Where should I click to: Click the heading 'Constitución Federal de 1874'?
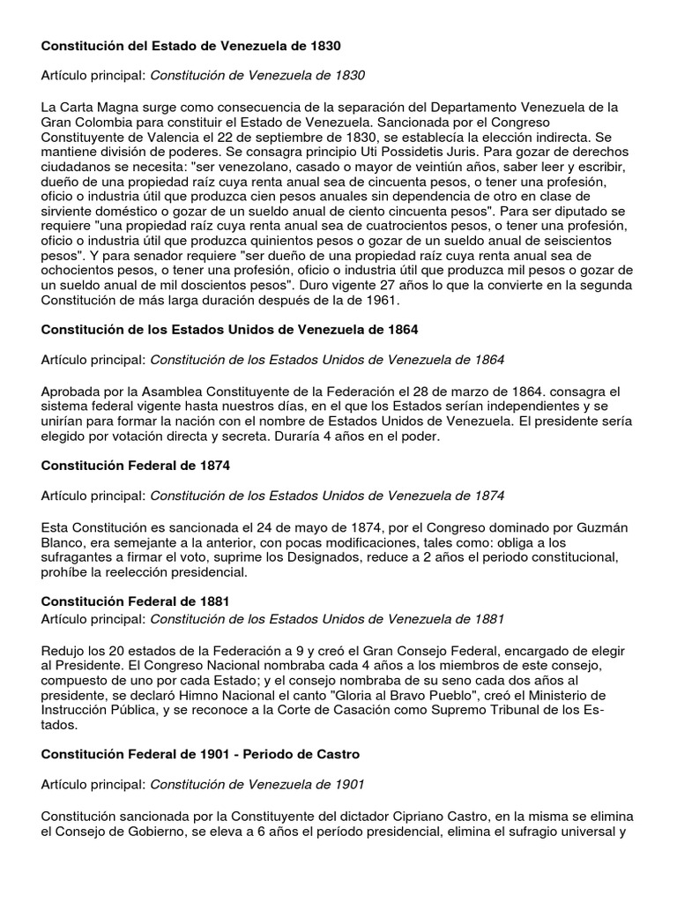point(136,466)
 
